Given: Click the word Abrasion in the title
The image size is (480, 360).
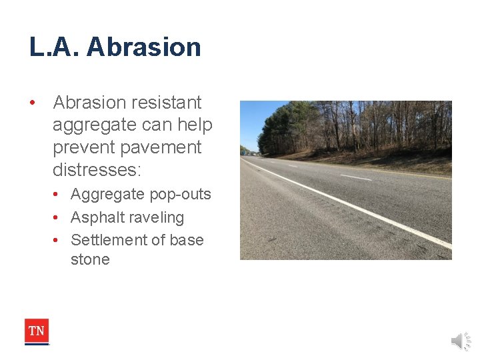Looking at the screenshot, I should pos(143,47).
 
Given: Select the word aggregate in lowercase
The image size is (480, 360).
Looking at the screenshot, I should pos(93,125).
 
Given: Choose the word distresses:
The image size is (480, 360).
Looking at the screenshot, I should pos(97,169).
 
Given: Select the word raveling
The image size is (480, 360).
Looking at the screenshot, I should pos(157,217).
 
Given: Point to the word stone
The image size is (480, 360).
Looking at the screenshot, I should pos(90,259).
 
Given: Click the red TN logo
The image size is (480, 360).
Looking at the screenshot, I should pos(37,331).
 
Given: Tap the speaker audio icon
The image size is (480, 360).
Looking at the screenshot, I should pos(460,341).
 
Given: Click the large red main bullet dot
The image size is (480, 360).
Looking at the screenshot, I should pos(31,103).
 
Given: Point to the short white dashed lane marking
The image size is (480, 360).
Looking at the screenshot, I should pos(355,177).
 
